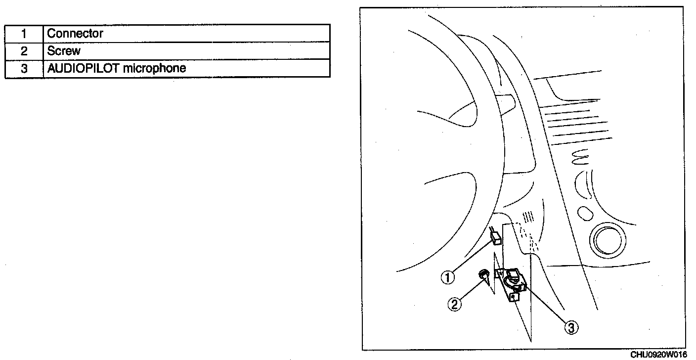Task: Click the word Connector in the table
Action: point(75,34)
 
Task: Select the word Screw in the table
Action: point(64,51)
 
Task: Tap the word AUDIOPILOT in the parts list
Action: point(83,68)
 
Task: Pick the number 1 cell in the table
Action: point(24,34)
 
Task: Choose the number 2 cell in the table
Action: point(24,51)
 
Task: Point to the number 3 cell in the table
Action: point(24,68)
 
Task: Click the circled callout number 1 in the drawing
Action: point(448,278)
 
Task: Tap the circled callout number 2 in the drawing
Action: point(455,304)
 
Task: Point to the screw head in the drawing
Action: point(483,274)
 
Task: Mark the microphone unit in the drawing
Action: point(513,282)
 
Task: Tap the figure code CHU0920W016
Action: point(658,355)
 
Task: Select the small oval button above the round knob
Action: point(585,214)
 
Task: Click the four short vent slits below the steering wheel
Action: point(528,216)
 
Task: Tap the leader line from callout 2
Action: point(470,289)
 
